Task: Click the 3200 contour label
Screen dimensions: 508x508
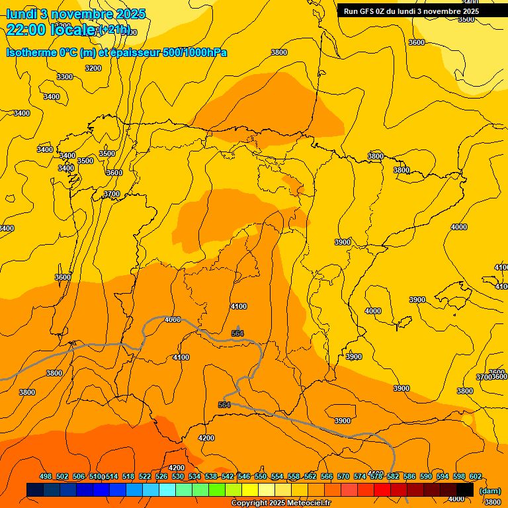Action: coord(93,68)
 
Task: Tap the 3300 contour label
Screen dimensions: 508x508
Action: coord(65,77)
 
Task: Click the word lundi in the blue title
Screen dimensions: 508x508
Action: coord(21,14)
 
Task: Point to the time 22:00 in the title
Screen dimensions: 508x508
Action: coord(26,29)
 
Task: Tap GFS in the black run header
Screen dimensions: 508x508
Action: coord(370,11)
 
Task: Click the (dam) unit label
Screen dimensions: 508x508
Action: coord(489,491)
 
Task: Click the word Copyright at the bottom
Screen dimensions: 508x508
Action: coord(249,503)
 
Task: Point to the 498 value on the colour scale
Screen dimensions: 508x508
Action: coord(46,476)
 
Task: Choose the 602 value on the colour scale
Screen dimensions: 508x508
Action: coord(476,476)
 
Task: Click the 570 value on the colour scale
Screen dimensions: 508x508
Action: coord(343,476)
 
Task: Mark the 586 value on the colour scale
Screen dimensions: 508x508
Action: coord(409,476)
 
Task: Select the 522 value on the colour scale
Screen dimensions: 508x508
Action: coord(145,476)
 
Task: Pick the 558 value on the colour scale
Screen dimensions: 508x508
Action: coord(294,476)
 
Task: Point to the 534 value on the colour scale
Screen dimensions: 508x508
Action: coord(194,476)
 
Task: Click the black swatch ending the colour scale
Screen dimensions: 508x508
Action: coord(465,489)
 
